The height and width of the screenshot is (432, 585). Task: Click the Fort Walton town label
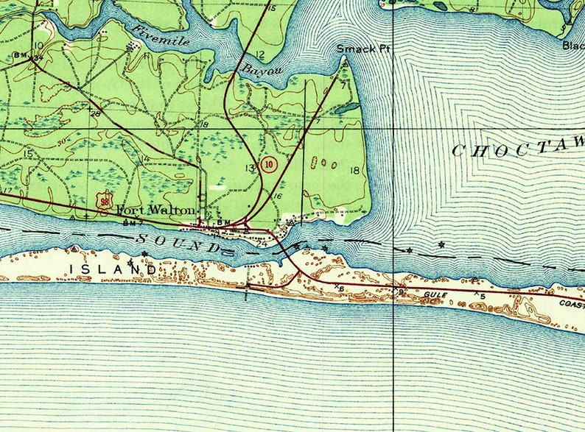click(156, 210)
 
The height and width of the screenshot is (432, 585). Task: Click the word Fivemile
click(161, 35)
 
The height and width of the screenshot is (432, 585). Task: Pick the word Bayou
click(259, 70)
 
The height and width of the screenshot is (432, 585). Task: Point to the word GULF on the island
click(435, 294)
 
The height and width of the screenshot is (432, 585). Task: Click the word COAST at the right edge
click(571, 303)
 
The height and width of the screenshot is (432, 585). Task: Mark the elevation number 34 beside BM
click(32, 62)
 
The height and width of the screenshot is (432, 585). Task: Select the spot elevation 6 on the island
click(342, 288)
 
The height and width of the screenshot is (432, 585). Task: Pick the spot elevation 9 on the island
click(402, 292)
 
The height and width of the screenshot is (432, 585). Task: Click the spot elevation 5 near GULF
click(483, 296)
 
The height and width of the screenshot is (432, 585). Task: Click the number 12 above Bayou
click(261, 55)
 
